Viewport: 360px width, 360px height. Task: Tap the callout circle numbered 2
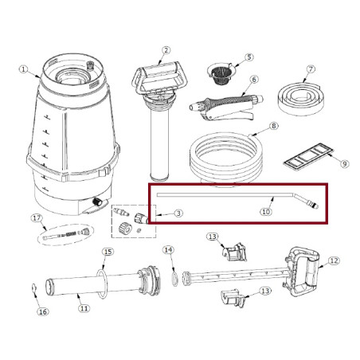(166, 50)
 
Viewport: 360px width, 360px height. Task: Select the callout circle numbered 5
(248, 57)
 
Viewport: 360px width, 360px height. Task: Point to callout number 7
(311, 69)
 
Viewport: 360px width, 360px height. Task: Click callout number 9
(345, 164)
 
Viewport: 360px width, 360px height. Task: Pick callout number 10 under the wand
(266, 212)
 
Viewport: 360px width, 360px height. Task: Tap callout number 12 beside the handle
(334, 260)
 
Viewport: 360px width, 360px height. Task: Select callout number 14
(168, 250)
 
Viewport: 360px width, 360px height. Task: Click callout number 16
(43, 311)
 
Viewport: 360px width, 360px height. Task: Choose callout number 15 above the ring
(108, 252)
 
